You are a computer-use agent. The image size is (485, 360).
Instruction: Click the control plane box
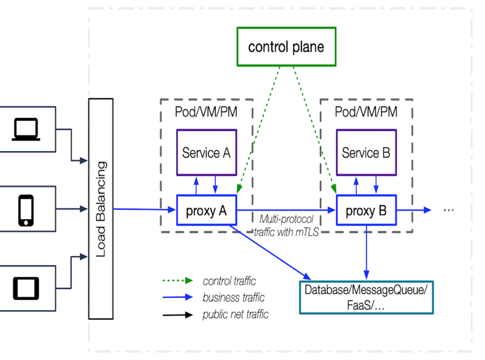click(286, 47)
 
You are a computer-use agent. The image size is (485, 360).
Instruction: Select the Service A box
click(206, 153)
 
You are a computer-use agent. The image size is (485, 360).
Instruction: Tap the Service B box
click(366, 153)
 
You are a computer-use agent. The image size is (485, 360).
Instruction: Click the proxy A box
click(206, 210)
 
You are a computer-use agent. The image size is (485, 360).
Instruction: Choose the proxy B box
click(366, 210)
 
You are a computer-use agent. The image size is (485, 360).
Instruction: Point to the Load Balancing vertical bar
click(101, 209)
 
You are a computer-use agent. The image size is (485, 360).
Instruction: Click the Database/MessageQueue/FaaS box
click(366, 297)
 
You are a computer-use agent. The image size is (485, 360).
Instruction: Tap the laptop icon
click(26, 129)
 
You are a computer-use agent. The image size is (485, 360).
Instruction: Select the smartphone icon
click(26, 210)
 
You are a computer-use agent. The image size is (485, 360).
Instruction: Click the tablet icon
click(26, 288)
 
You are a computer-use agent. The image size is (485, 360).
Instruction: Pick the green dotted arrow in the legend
click(177, 281)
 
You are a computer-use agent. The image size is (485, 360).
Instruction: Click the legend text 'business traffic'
click(234, 298)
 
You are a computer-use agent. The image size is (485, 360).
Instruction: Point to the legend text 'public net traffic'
click(235, 314)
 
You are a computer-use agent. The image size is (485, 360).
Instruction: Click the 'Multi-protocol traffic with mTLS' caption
click(286, 226)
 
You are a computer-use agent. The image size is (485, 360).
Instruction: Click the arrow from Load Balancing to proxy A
click(144, 209)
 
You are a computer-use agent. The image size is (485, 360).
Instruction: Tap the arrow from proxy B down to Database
click(366, 252)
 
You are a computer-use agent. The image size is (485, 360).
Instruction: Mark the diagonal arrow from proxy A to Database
click(269, 252)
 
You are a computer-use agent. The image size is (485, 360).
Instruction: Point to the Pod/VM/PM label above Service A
click(206, 112)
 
